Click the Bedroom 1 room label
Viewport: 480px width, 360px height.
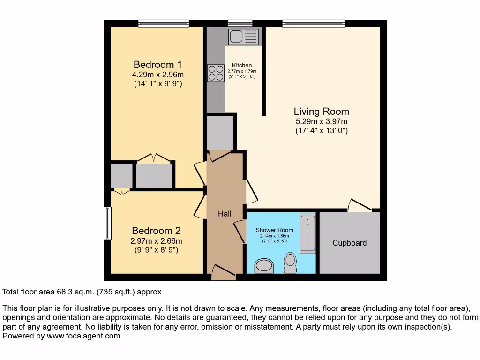click(157, 65)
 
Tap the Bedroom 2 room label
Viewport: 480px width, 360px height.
click(156, 231)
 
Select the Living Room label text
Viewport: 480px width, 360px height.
click(321, 112)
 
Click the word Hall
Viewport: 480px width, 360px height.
click(225, 214)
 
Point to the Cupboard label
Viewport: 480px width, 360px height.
click(349, 243)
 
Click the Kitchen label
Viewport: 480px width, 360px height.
click(242, 65)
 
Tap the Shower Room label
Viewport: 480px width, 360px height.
click(274, 230)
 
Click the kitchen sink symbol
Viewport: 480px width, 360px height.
click(243, 36)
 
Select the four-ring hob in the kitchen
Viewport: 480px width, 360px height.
click(216, 73)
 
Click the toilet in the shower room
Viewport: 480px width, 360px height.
click(290, 262)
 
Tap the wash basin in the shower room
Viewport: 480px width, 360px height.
click(264, 267)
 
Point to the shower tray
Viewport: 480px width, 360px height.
click(307, 233)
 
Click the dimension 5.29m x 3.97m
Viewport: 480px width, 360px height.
click(321, 121)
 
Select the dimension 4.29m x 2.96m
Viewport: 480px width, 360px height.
click(157, 75)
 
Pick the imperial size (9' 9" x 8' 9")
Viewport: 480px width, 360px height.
click(156, 250)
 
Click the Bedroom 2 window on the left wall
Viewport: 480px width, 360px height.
click(107, 223)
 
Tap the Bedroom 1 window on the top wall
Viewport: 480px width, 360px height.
click(164, 23)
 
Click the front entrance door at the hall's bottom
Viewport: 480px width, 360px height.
click(223, 273)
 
